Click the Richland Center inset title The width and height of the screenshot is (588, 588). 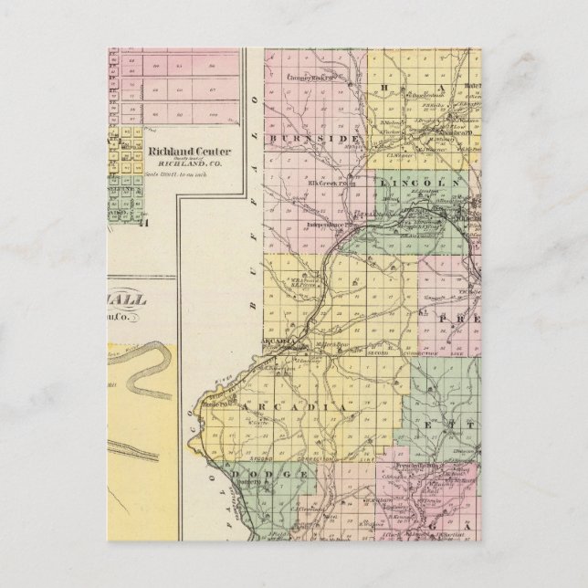tap(189, 152)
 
